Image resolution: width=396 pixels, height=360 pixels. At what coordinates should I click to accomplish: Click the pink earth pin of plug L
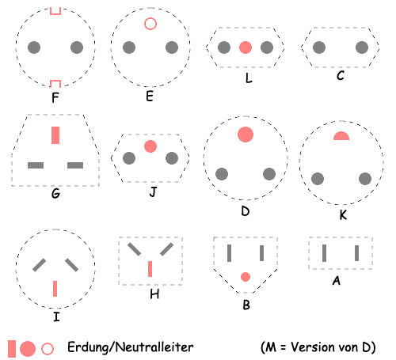(246, 47)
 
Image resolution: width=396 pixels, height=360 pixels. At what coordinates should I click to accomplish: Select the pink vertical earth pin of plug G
(55, 135)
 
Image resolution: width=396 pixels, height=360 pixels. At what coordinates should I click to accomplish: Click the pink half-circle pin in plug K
(341, 137)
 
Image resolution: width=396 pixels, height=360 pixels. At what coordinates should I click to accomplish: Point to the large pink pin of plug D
(246, 135)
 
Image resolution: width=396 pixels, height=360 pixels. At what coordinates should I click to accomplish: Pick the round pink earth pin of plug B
(246, 277)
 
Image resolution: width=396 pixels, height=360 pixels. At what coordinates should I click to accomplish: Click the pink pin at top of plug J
(150, 146)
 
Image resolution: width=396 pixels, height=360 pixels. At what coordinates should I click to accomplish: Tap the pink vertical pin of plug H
(150, 269)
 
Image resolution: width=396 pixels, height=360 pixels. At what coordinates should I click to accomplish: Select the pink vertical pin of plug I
(55, 289)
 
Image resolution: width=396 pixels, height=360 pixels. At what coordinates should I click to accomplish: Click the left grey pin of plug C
(319, 47)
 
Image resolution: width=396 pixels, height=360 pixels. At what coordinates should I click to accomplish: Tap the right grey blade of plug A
(356, 253)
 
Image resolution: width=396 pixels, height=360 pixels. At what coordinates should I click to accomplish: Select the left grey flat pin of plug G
(36, 165)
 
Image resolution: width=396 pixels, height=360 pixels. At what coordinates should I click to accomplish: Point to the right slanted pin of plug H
(166, 249)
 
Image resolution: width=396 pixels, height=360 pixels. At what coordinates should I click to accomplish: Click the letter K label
(343, 215)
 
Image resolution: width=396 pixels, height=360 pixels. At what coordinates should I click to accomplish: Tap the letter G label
(55, 194)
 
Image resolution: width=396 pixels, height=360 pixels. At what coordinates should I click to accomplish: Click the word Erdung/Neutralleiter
(131, 347)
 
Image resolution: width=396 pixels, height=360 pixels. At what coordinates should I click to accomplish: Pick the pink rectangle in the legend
(12, 349)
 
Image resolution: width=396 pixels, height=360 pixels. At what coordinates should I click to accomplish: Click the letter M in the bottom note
(270, 347)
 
